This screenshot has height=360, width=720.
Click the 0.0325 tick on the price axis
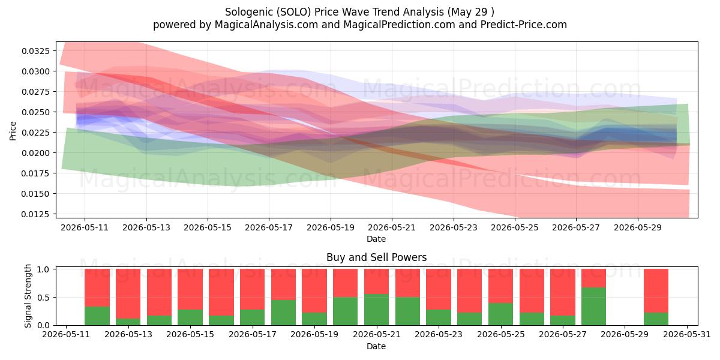pyautogui.click(x=35, y=51)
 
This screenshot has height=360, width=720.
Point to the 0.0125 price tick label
pyautogui.click(x=35, y=214)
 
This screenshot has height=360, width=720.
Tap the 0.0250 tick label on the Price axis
pyautogui.click(x=35, y=112)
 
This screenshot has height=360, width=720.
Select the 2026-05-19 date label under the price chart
pyautogui.click(x=331, y=227)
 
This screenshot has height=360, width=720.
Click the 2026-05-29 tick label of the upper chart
pyautogui.click(x=638, y=227)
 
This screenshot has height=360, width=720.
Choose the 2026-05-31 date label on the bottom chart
pyautogui.click(x=687, y=335)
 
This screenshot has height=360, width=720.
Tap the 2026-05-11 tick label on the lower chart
pyautogui.click(x=66, y=335)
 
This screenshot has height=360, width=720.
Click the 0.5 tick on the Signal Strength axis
pyautogui.click(x=43, y=298)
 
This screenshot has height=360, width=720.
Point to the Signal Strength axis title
pyautogui.click(x=28, y=296)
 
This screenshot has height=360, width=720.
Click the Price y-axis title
pyautogui.click(x=13, y=131)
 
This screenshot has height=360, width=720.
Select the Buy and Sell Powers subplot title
pyautogui.click(x=376, y=257)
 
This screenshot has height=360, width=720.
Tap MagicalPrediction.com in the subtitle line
pyautogui.click(x=399, y=25)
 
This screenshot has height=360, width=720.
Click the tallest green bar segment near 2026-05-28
pyautogui.click(x=593, y=307)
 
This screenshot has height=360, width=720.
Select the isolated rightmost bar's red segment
pyautogui.click(x=656, y=291)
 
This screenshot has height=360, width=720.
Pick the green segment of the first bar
pyautogui.click(x=97, y=316)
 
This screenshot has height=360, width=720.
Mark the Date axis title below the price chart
pyautogui.click(x=376, y=239)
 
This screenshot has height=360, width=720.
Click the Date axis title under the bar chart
pyautogui.click(x=376, y=347)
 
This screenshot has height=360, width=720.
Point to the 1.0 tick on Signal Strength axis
pyautogui.click(x=43, y=269)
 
